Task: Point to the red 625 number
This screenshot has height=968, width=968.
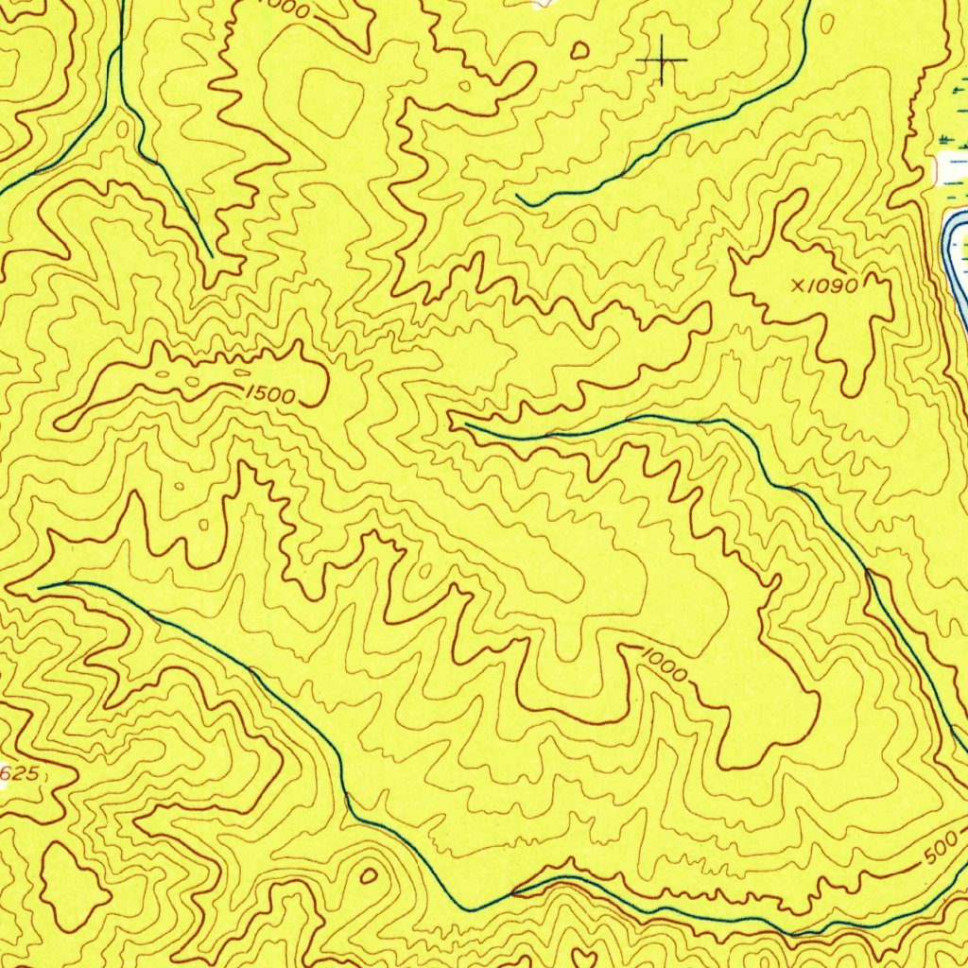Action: tap(18, 774)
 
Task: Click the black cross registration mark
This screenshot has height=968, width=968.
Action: tap(663, 61)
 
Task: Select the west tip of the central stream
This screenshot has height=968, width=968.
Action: tap(466, 425)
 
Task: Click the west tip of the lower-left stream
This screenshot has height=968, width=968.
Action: tap(40, 587)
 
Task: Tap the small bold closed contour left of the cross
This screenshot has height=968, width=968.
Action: tap(579, 50)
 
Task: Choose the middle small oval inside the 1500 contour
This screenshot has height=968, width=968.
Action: tap(193, 382)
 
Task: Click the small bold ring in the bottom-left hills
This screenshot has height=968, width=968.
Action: tap(368, 875)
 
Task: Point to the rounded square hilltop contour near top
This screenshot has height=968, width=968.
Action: tap(332, 100)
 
